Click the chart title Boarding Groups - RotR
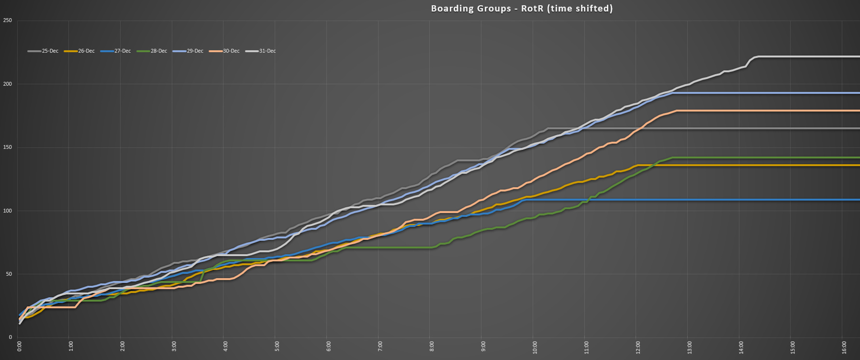(522, 8)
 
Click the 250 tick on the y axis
(7, 21)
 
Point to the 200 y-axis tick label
(7, 84)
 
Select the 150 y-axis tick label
(7, 147)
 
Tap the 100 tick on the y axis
(7, 211)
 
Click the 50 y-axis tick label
(9, 274)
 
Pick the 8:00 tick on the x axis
(432, 347)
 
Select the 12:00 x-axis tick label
(638, 347)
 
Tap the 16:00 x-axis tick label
(844, 347)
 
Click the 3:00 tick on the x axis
(174, 347)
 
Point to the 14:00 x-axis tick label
(741, 347)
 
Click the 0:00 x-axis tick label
(20, 347)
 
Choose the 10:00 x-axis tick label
(535, 347)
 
